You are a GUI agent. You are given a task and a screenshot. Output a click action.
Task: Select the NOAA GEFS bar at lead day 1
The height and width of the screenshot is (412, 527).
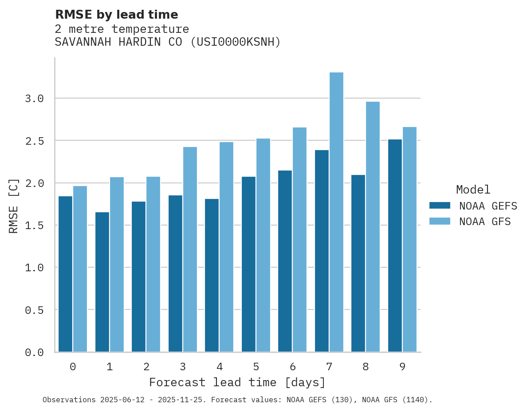102,282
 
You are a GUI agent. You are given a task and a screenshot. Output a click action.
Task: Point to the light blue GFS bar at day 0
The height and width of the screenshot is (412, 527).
80,269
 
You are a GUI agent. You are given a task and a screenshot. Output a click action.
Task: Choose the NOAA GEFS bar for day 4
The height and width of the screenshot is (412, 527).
212,275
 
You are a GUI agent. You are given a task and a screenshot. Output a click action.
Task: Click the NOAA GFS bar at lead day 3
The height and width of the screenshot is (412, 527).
190,249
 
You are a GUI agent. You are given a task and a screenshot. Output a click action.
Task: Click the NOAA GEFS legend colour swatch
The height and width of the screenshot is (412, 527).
440,206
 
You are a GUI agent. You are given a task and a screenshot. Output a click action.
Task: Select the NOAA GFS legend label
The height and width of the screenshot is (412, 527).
485,221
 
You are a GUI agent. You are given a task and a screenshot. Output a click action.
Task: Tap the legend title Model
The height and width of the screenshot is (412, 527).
473,190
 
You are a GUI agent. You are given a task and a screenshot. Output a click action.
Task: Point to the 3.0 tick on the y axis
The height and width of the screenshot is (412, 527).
35,99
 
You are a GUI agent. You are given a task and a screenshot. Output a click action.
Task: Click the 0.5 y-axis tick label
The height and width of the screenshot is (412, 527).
35,310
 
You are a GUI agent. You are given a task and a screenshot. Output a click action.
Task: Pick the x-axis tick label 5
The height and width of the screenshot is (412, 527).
256,367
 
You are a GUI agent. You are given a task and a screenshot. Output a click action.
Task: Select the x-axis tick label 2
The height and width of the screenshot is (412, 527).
146,367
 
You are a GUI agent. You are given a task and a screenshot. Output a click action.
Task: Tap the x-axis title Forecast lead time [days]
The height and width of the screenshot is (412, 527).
237,382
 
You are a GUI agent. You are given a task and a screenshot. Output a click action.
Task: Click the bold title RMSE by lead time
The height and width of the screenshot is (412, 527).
116,15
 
